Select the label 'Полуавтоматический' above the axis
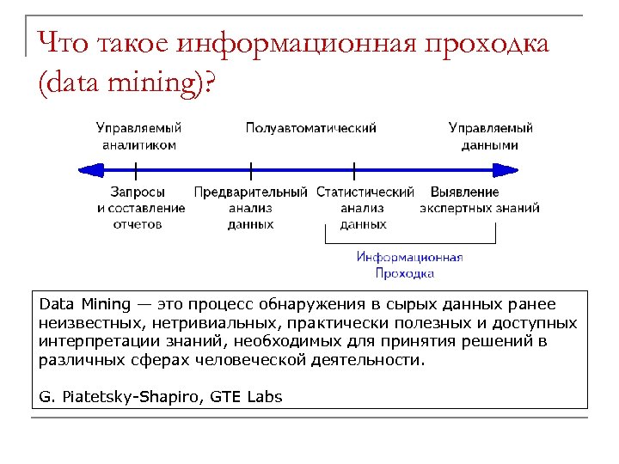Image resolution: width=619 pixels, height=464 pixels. point(310,128)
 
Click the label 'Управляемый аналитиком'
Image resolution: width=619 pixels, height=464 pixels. point(138,137)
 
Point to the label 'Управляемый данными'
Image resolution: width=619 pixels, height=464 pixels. point(490,137)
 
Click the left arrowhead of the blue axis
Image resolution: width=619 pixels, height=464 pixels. point(84,169)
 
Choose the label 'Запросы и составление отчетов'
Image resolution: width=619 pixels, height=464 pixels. point(138,208)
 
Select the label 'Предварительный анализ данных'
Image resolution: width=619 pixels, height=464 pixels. point(250,208)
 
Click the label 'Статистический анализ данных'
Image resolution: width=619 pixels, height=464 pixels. point(365,208)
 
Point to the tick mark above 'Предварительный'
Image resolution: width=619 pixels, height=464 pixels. point(250,169)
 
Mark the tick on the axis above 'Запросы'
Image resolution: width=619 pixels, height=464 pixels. point(137,169)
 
